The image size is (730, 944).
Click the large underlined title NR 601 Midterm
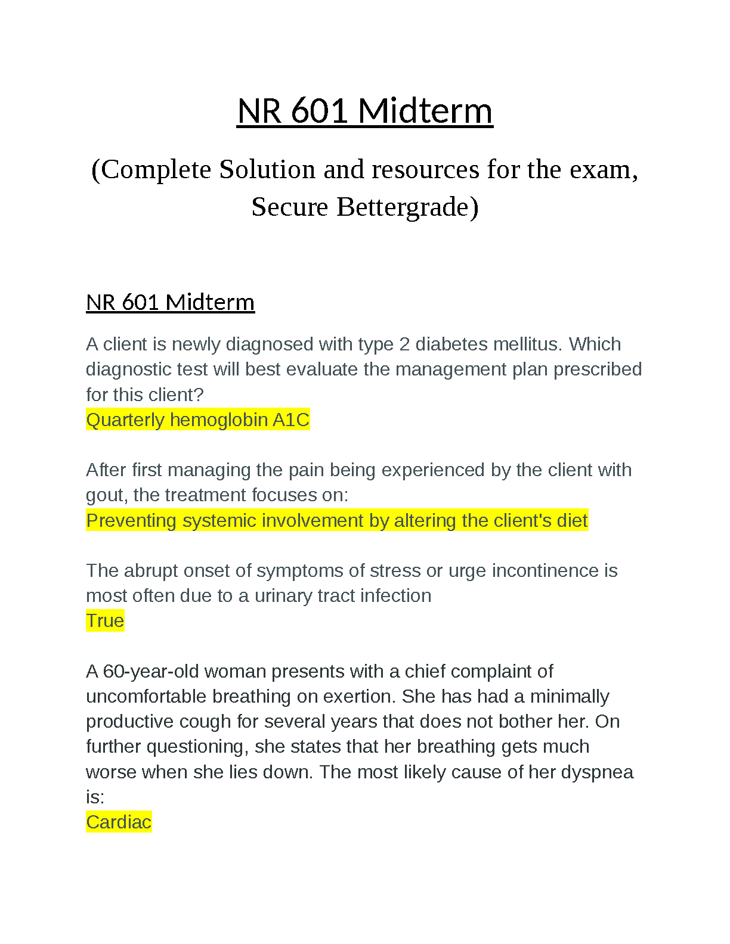pos(364,111)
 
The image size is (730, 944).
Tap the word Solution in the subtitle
pos(267,170)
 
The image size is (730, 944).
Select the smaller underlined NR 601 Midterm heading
pos(170,302)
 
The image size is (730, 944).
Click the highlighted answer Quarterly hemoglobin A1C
pos(197,420)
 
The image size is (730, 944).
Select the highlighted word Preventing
pos(131,521)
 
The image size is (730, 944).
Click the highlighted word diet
pos(572,521)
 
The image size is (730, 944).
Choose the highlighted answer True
pos(105,621)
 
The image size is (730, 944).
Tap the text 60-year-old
pos(151,672)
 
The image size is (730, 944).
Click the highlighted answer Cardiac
pos(119,822)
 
